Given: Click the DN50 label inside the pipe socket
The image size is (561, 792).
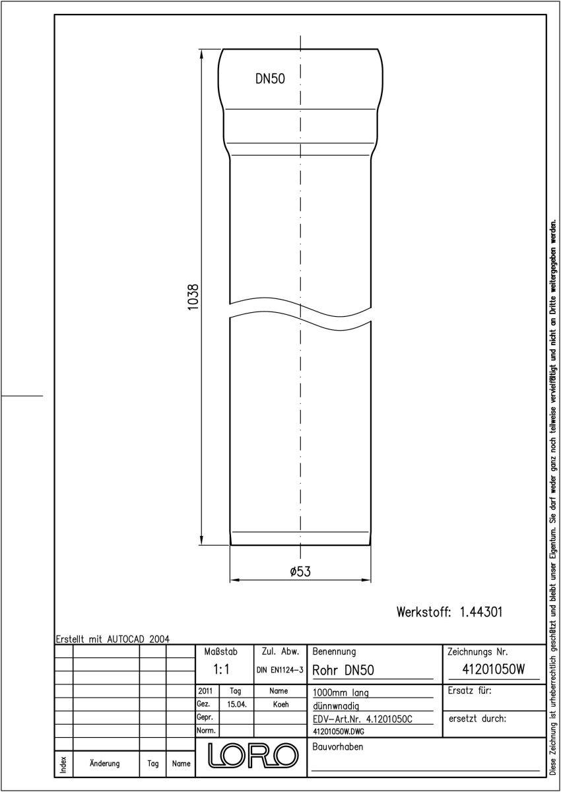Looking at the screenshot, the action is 270,79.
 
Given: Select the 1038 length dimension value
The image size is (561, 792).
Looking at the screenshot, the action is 193,297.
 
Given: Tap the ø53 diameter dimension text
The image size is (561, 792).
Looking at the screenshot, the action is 300,572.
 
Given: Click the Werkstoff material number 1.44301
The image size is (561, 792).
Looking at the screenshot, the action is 480,612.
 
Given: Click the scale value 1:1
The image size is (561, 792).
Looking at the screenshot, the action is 221,669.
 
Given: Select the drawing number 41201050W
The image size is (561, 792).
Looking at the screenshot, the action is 494,669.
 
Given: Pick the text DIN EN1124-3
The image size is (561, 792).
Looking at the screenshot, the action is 280,670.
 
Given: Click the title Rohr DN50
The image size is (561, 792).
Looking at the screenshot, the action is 343,670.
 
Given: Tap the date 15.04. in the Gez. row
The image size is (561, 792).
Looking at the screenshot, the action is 236,704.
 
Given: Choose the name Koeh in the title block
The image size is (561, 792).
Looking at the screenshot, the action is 280,704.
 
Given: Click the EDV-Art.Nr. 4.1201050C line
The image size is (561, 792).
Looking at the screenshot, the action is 363,719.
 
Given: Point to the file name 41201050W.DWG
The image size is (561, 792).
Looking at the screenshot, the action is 339,731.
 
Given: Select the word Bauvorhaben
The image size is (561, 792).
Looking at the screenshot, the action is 337,746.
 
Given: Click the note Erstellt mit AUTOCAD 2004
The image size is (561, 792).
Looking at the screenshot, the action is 113,639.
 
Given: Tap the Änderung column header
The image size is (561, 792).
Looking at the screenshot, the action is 105,764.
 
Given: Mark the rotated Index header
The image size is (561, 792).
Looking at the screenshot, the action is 63,765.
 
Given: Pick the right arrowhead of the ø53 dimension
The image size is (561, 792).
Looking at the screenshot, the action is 366,580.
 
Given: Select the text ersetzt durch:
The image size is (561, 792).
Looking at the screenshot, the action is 477,719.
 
